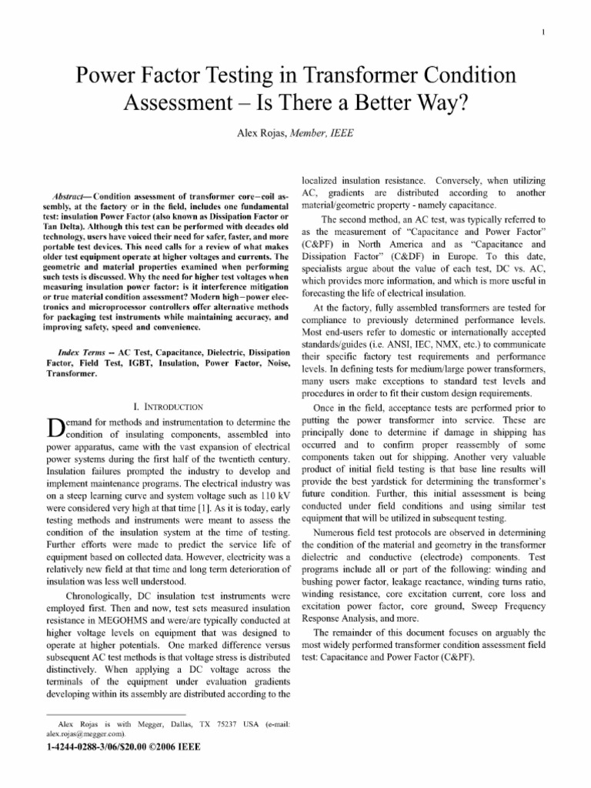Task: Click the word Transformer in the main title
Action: [x=379, y=76]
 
